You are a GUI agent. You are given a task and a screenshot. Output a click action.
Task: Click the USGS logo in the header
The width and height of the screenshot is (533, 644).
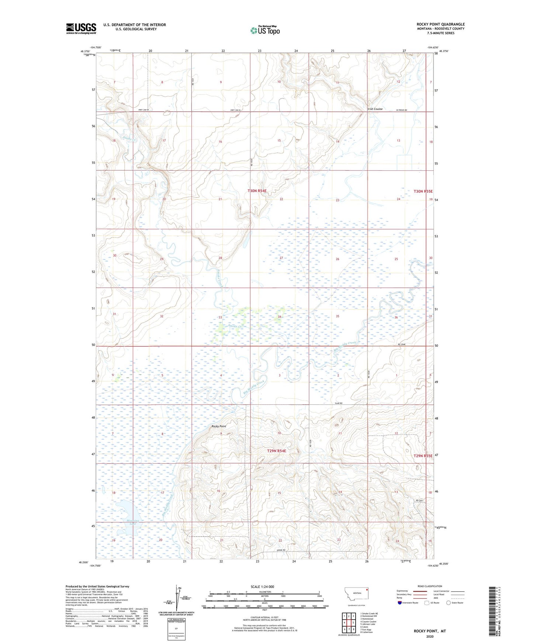click(81, 28)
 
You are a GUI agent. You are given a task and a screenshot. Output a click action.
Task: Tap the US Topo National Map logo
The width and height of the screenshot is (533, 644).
click(265, 30)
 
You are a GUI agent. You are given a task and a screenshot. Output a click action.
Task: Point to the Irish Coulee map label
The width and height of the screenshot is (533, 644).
click(375, 109)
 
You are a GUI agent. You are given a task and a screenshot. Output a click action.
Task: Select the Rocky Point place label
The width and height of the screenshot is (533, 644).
click(219, 426)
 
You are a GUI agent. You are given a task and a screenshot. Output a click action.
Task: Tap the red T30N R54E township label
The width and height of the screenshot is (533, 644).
click(262, 191)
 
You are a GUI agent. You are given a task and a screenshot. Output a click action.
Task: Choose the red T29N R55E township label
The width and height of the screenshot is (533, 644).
click(423, 456)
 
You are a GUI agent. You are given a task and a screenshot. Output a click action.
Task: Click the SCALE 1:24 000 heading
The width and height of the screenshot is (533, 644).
click(262, 586)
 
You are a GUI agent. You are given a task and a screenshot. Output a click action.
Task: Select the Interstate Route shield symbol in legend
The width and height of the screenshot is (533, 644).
click(399, 603)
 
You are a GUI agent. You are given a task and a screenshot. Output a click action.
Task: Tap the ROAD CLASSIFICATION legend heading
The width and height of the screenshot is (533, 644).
click(430, 586)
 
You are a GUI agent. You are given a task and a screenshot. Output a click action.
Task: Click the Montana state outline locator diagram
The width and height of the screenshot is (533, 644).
click(356, 593)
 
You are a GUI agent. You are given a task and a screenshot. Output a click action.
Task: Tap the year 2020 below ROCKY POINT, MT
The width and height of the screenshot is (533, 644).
click(430, 636)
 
